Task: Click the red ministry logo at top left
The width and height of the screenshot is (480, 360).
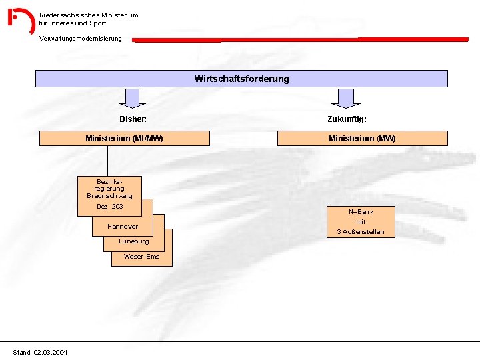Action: coord(21,20)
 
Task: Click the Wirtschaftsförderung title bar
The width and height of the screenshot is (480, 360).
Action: coord(241,79)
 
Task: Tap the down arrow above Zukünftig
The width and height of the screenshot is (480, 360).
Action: coord(346,98)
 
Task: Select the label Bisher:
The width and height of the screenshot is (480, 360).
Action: coord(133,119)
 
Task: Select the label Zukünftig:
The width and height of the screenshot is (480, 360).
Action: coord(347,119)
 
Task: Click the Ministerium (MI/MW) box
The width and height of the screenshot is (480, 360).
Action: coord(124,139)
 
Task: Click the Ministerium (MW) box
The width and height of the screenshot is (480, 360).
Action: coord(362,139)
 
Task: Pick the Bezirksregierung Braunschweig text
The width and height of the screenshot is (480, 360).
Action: coord(109,189)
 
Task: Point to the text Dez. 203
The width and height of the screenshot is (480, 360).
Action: coord(109,207)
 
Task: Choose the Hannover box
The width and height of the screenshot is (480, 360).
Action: coord(123,227)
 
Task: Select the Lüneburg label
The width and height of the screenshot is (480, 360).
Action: coord(134,241)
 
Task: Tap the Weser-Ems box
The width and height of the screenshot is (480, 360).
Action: coord(141,257)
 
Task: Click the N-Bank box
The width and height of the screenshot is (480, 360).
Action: coord(361,221)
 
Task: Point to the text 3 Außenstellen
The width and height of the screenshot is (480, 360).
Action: coord(361,232)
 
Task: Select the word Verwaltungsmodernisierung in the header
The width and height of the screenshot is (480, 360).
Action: coord(81,38)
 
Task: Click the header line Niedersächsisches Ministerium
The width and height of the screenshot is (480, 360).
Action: coord(89,15)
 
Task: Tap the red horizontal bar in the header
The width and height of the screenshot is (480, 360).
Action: coord(300,39)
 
